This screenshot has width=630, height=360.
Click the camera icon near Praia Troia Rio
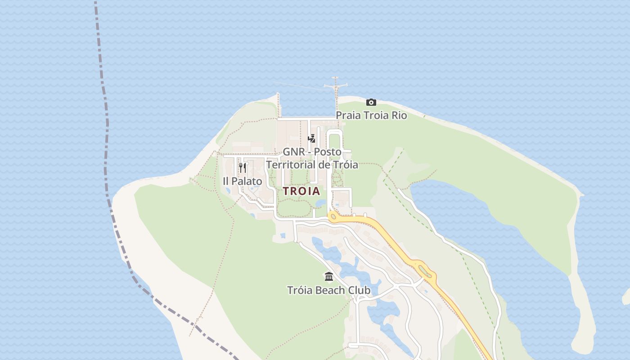tap(371, 102)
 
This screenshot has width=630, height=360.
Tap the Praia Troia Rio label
tap(371, 116)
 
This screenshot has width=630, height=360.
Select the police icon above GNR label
tap(311, 138)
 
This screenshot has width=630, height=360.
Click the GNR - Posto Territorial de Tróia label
tap(312, 158)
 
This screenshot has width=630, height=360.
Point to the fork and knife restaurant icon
tap(242, 168)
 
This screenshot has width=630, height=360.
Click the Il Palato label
tap(242, 181)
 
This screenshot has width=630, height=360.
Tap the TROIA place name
tap(301, 191)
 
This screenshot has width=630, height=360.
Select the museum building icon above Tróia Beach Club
tap(329, 276)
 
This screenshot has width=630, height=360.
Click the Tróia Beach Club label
tap(329, 290)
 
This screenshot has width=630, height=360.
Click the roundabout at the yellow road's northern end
tap(333, 216)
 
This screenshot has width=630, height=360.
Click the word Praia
tap(348, 116)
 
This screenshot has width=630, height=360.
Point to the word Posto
tap(328, 152)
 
